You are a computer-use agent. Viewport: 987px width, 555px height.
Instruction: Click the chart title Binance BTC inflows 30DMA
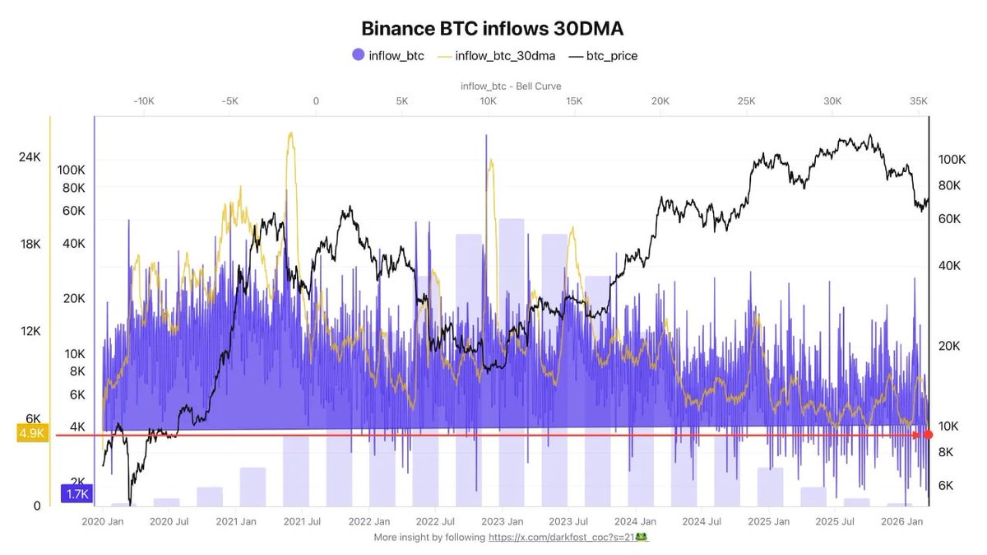pos(493,28)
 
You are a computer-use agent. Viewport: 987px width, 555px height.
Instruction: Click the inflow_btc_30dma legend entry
pos(497,55)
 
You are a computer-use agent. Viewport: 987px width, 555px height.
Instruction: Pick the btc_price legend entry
pos(602,55)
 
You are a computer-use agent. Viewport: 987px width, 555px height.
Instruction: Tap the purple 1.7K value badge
pos(76,494)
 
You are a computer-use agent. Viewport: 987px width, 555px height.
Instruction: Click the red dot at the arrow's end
pos(928,434)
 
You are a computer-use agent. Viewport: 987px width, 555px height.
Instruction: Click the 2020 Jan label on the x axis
pos(103,521)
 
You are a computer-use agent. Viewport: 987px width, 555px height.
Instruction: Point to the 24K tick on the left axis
pos(30,156)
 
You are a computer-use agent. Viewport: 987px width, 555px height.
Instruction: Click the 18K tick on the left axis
pos(30,244)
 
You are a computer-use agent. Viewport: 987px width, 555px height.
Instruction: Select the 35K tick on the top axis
pos(919,100)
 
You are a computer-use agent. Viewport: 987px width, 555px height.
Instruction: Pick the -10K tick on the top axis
pos(143,100)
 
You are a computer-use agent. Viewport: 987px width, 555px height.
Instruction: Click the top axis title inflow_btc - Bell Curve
pos(511,86)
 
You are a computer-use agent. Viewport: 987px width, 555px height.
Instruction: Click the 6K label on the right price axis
pos(947,485)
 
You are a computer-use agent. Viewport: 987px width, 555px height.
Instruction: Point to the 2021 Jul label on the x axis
pos(303,521)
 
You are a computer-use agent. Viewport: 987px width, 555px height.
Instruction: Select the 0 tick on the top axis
pos(315,100)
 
